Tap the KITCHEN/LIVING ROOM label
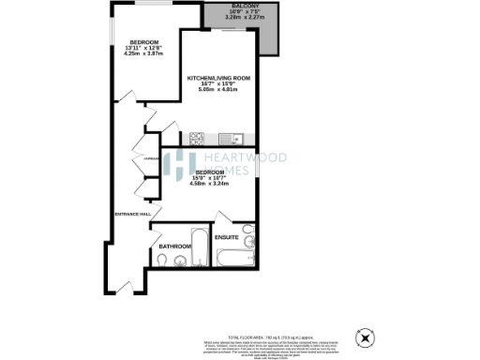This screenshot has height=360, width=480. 217,77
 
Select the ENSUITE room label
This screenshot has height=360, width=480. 226,238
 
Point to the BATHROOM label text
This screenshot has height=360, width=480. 174,247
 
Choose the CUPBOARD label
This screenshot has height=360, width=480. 150,159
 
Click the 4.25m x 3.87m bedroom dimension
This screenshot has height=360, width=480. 143,53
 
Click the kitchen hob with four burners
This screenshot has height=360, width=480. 199,138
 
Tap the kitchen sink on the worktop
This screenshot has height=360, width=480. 237,138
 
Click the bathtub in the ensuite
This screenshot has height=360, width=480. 233,254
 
